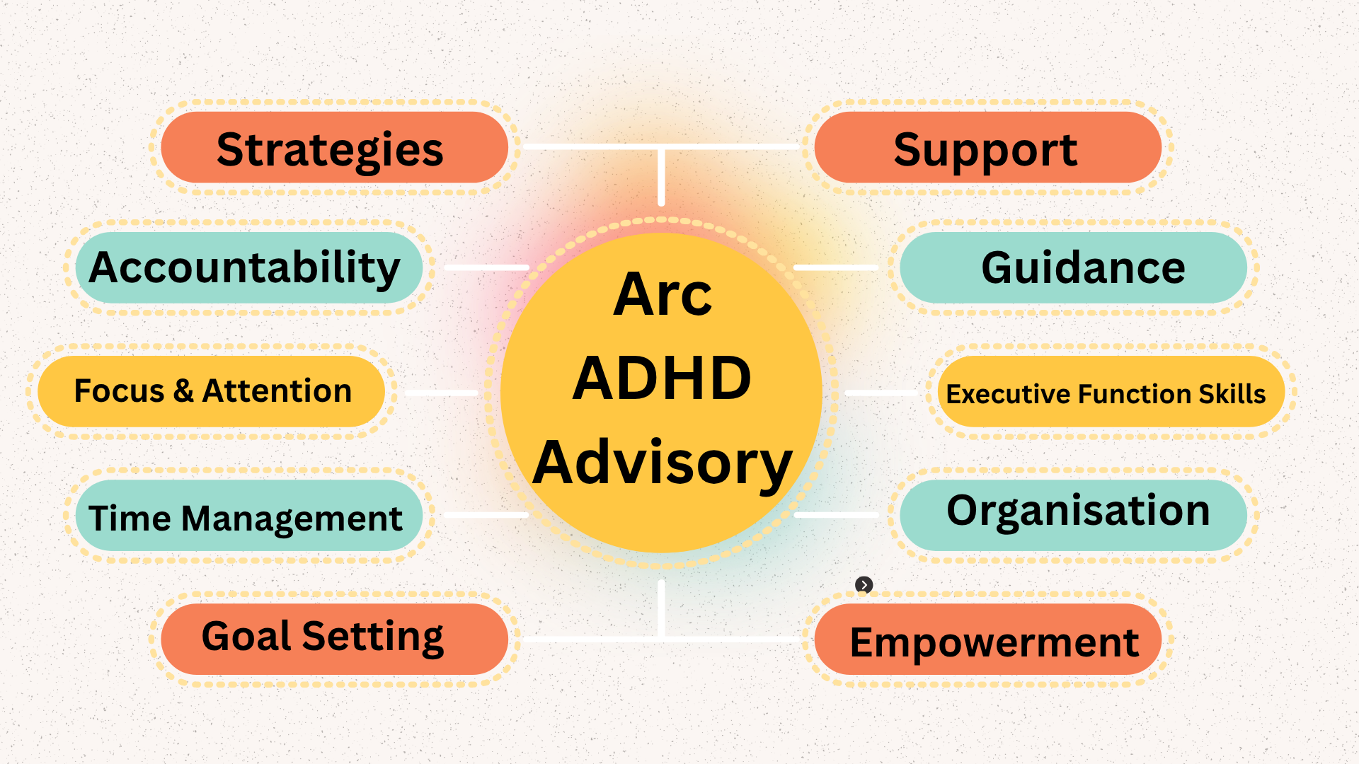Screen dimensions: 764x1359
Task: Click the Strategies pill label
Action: coord(330,149)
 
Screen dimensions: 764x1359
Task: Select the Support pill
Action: coord(986,149)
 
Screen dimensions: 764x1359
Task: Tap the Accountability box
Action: coord(245,267)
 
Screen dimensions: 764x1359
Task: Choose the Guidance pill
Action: coord(1083,267)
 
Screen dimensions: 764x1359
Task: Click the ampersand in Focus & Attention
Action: coord(183,391)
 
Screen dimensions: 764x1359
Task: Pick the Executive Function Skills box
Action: coord(1106,393)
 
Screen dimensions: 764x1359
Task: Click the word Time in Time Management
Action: coord(130,519)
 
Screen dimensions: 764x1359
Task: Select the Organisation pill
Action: coord(1078,511)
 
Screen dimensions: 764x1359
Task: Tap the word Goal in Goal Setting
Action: coord(246,636)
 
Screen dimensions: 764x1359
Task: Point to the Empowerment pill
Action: coord(994,642)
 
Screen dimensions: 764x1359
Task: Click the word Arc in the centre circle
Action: coord(663,295)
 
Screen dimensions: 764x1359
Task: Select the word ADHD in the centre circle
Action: coord(662,378)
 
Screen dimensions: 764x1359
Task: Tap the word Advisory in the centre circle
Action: coord(662,463)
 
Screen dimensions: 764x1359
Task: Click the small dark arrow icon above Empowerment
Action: coord(864,585)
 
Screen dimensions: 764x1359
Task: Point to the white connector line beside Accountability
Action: coord(487,268)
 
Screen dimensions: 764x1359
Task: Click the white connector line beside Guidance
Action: coord(835,268)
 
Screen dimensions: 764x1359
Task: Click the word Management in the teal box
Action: coord(292,519)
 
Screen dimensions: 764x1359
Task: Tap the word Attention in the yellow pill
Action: coord(277,391)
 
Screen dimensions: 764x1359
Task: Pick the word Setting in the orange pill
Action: coord(372,636)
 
